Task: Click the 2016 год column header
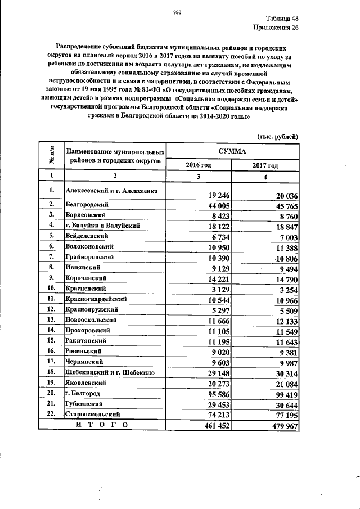click(199, 166)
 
